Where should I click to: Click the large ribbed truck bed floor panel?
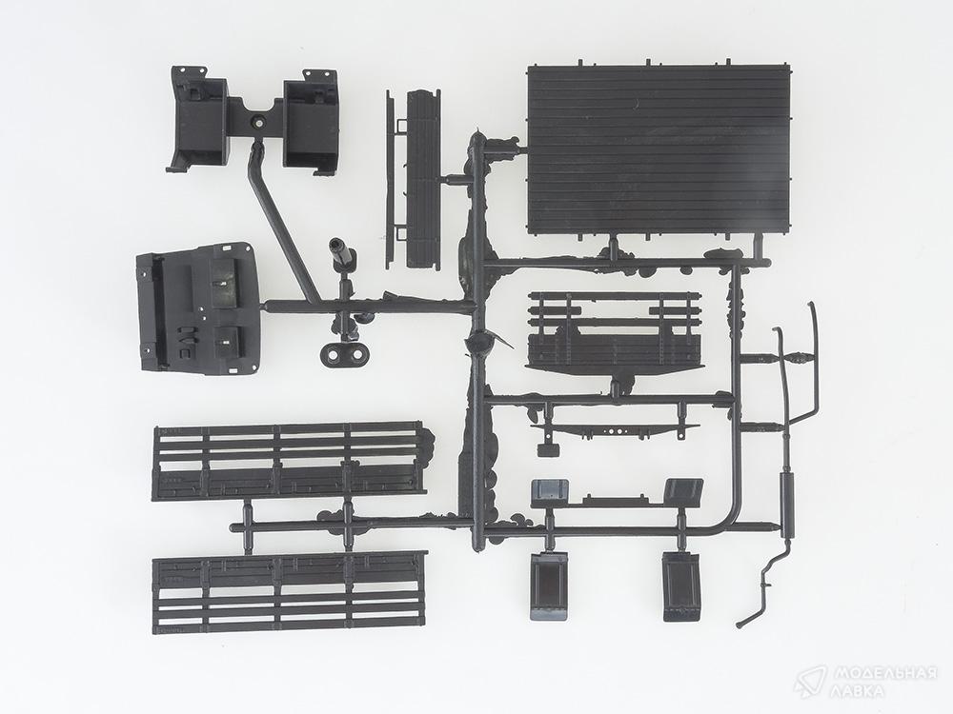660,150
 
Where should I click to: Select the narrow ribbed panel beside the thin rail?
423,178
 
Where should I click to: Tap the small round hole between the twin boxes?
257,122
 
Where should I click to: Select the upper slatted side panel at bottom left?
289,461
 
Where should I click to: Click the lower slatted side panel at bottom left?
290,592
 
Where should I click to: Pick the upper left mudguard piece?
550,492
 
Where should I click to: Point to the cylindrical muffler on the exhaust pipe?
787,498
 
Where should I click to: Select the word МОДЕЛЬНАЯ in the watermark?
885,673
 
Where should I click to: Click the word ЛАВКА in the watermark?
859,691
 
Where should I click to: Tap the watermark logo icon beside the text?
809,682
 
